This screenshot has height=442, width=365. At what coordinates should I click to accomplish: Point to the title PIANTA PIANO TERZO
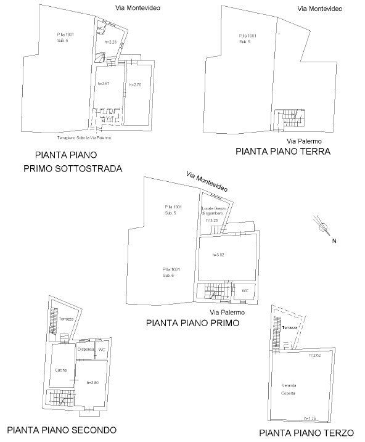[306, 433]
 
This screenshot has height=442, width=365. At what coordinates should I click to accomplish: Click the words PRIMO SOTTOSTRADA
[73, 168]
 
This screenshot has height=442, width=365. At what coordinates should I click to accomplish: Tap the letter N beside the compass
[334, 241]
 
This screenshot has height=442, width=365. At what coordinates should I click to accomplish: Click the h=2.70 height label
[136, 84]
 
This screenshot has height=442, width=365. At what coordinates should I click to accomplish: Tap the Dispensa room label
[85, 350]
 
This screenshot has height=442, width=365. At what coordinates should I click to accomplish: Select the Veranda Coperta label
[289, 388]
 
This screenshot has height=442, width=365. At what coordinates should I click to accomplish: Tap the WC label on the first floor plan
[244, 290]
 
